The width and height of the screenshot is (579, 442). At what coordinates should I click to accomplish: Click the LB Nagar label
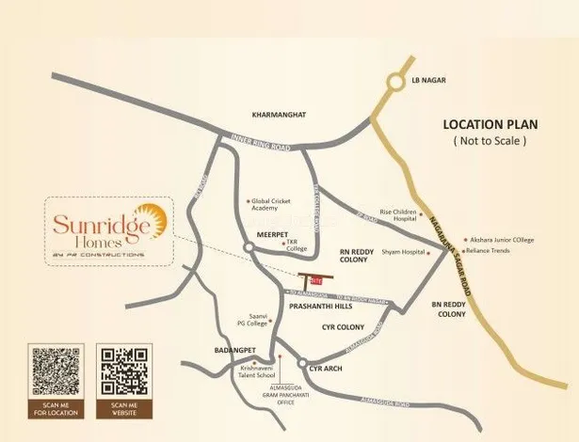[428, 82]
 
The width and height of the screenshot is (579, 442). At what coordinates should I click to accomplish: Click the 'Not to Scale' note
[489, 140]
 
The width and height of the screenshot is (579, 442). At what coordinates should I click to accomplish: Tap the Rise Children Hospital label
[397, 216]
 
